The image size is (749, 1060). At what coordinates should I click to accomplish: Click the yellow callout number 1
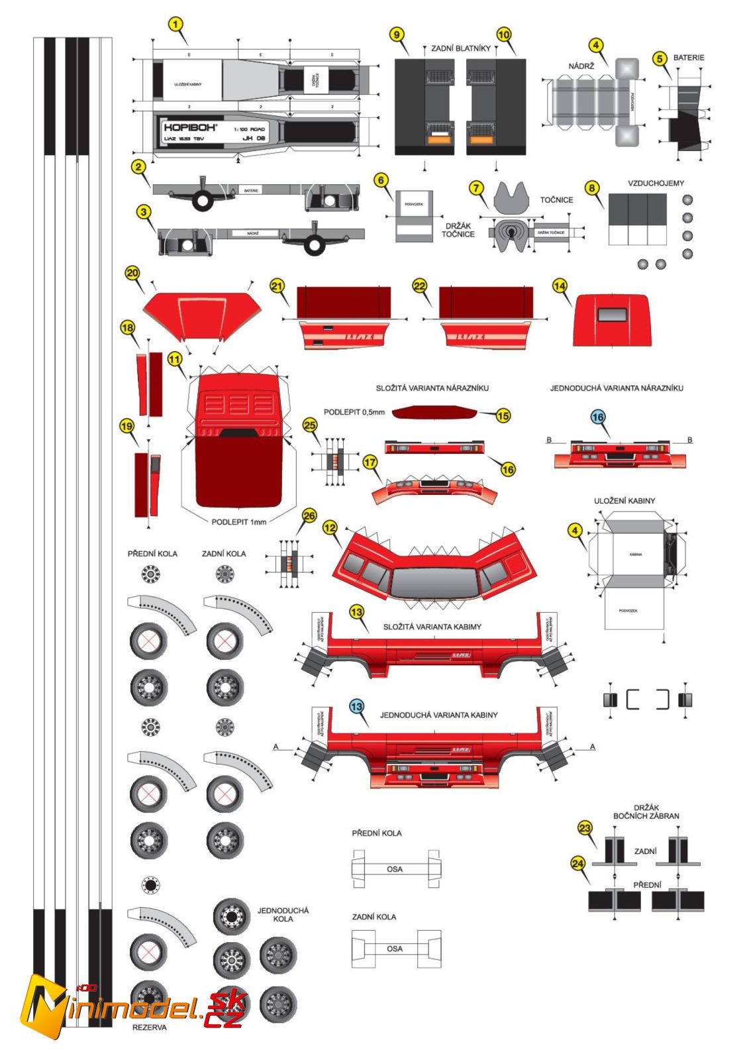pyautogui.click(x=175, y=25)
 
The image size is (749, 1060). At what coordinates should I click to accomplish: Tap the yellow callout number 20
pyautogui.click(x=132, y=273)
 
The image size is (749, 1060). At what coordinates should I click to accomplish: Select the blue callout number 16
pyautogui.click(x=598, y=417)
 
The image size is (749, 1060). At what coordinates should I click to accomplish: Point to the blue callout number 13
pyautogui.click(x=357, y=706)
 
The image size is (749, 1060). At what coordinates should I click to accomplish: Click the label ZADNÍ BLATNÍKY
pyautogui.click(x=461, y=48)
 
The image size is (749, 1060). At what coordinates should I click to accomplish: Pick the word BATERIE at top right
pyautogui.click(x=689, y=58)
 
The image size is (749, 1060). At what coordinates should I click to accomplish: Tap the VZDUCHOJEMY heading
pyautogui.click(x=656, y=183)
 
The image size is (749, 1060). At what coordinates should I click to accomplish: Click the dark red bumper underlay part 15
pyautogui.click(x=434, y=413)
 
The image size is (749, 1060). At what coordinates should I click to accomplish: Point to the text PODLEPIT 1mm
pyautogui.click(x=238, y=522)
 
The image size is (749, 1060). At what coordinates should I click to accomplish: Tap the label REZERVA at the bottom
pyautogui.click(x=150, y=1028)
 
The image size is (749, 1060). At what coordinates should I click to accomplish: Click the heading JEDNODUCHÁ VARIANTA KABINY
pyautogui.click(x=438, y=715)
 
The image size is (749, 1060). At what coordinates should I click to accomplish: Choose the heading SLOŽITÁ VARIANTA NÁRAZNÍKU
pyautogui.click(x=432, y=388)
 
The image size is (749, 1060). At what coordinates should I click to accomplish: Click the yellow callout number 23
pyautogui.click(x=585, y=828)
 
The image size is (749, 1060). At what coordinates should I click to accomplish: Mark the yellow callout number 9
pyautogui.click(x=397, y=34)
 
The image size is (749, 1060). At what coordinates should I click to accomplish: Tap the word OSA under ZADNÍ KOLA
pyautogui.click(x=394, y=949)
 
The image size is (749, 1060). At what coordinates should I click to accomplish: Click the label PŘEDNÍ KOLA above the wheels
pyautogui.click(x=152, y=553)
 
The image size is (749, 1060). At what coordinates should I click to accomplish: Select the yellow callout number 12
pyautogui.click(x=330, y=527)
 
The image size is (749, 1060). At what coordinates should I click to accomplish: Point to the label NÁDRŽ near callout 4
pyautogui.click(x=581, y=66)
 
